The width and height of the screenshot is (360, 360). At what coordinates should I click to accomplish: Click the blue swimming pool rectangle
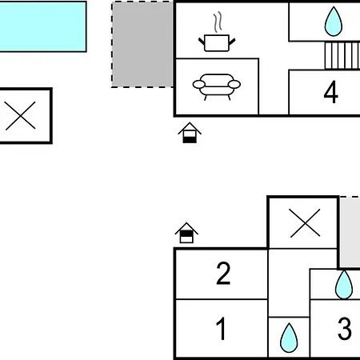[42, 26]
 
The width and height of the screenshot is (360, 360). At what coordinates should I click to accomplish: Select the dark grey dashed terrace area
[142, 44]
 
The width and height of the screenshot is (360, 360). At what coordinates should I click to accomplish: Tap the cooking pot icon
[217, 42]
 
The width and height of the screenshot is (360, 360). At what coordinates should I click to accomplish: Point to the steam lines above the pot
[218, 22]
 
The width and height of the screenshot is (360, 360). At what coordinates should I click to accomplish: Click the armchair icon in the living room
[217, 87]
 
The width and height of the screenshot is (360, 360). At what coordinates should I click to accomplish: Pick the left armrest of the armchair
[199, 84]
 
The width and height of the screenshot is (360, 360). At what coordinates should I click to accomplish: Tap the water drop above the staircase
[334, 22]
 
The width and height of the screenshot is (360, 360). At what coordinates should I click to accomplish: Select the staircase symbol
[342, 55]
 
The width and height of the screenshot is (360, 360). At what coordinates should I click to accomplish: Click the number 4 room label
[331, 92]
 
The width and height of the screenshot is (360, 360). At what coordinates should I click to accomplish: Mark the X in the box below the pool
[20, 115]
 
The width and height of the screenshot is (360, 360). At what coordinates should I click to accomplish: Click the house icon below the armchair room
[190, 133]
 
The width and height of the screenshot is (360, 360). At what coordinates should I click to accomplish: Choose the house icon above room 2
[186, 233]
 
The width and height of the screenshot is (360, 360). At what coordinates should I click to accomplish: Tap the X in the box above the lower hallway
[305, 223]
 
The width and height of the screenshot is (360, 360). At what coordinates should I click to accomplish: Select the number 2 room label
[223, 274]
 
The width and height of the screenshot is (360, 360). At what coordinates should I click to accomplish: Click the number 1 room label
[221, 329]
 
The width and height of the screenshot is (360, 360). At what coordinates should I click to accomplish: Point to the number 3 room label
[345, 329]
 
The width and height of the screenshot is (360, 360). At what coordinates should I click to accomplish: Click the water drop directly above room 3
[344, 285]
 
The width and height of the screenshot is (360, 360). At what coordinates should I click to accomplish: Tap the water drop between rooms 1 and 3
[289, 338]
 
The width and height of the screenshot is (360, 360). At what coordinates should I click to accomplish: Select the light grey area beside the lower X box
[350, 232]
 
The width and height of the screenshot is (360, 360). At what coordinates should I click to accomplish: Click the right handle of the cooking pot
[232, 42]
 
